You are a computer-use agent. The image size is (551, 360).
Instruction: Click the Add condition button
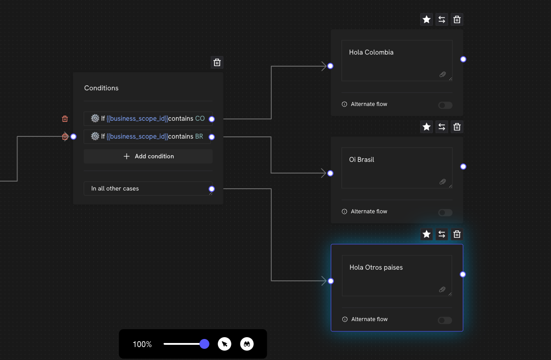[148, 156]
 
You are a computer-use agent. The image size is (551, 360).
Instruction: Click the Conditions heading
[101, 88]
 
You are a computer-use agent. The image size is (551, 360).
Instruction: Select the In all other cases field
[148, 188]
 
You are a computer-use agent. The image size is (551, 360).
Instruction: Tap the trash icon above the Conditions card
[217, 63]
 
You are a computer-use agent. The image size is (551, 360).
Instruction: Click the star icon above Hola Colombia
[427, 19]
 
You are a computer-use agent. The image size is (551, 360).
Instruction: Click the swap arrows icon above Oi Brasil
[442, 127]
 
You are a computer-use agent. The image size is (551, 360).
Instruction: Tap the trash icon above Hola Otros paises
[457, 234]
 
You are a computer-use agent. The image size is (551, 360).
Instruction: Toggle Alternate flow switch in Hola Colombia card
[445, 105]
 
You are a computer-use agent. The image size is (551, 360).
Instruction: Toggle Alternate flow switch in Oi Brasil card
[445, 212]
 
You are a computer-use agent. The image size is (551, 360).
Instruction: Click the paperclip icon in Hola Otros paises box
[442, 289]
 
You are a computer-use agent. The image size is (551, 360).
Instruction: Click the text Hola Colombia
[371, 52]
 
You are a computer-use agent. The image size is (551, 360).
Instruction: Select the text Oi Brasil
[362, 160]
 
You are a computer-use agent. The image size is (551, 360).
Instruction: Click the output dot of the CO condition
[212, 119]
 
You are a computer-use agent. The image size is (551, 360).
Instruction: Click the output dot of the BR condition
[212, 137]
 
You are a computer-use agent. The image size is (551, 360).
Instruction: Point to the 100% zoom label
[142, 344]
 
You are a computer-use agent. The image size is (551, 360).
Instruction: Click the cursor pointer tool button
[224, 344]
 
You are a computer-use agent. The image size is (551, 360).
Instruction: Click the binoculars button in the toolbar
[247, 344]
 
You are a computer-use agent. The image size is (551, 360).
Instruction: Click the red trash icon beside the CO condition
[65, 119]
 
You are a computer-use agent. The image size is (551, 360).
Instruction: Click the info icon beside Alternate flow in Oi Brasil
[344, 212]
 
